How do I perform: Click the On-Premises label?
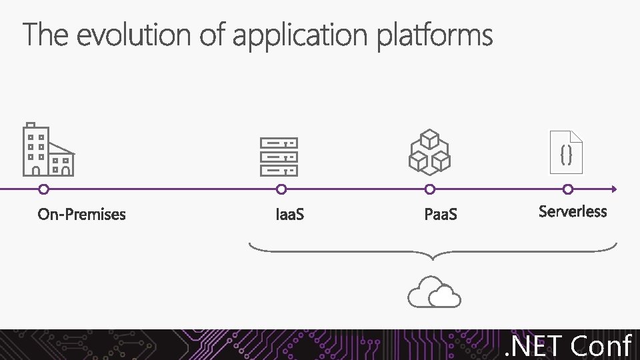[81, 214]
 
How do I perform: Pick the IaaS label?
[290, 215]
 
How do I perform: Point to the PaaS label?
[441, 215]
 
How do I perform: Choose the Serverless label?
[573, 211]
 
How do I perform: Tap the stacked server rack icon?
[279, 157]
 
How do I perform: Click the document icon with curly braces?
[566, 153]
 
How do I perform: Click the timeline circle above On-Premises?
[43, 189]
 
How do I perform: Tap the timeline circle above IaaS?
[281, 189]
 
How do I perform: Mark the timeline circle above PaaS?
[430, 189]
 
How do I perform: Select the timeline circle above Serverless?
[568, 189]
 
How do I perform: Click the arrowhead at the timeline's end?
[614, 189]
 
